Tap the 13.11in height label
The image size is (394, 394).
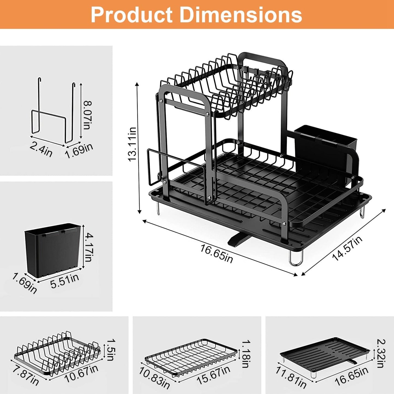click(x=133, y=144)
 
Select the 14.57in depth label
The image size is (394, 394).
click(x=347, y=248)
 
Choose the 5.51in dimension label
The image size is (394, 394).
click(x=65, y=281)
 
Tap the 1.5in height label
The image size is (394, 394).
click(x=110, y=350)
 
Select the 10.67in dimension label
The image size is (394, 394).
click(x=81, y=374)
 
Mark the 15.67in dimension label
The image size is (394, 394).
click(x=213, y=375)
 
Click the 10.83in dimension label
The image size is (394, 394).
click(x=154, y=378)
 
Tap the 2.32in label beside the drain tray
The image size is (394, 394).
click(x=381, y=353)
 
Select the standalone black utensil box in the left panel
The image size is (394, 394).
click(x=53, y=249)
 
